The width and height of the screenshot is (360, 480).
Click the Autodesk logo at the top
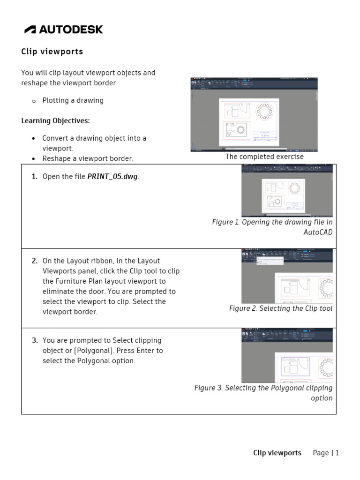point(64,30)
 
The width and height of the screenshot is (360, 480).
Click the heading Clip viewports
point(52,52)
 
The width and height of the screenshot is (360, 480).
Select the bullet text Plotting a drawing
point(73,100)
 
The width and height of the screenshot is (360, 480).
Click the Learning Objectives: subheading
point(55,120)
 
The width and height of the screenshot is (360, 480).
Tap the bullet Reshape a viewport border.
point(88,158)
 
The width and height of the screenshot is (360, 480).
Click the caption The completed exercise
point(264,157)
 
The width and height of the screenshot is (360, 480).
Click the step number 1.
point(34,176)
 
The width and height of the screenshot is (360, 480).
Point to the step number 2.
point(34,261)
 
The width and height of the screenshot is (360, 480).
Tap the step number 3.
point(34,340)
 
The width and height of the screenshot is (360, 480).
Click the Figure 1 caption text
point(272,227)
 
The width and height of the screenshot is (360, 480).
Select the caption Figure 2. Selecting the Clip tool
point(280,308)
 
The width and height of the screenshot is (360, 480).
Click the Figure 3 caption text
point(263,393)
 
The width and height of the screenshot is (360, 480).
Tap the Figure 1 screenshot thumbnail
point(287,190)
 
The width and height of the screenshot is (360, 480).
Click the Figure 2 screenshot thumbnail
point(287,276)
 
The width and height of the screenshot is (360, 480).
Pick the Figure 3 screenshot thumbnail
point(287,356)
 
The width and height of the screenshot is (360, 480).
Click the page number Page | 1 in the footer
point(326,453)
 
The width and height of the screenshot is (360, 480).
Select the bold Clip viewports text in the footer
point(277,453)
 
